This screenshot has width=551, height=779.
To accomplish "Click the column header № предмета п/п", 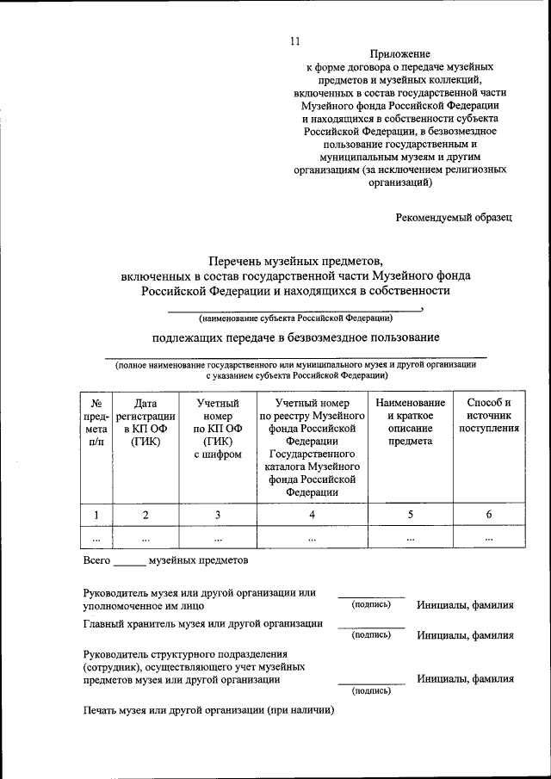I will tap(96, 422).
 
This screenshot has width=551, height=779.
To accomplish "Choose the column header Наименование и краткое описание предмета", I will tap(410, 422).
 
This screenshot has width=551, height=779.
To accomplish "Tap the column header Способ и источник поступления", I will tap(488, 415).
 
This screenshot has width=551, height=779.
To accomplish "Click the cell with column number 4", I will tap(312, 515).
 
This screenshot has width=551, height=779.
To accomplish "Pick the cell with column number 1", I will tap(96, 515).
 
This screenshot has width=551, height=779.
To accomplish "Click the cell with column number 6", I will tap(488, 515).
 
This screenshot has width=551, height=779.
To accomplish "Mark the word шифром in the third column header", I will tap(218, 454).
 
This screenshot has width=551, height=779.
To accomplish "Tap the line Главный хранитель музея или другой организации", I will tap(203, 623).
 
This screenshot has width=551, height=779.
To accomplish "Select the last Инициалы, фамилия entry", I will tap(465, 678).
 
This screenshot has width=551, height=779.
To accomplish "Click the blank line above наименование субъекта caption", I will tap(294, 309).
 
